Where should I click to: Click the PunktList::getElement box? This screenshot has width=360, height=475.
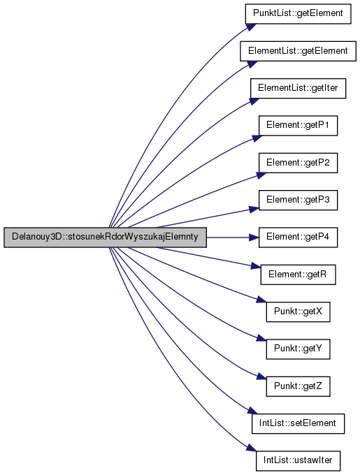tap(298, 14)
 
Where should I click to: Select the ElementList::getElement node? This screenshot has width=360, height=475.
tap(298, 51)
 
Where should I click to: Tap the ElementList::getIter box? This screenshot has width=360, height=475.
tap(298, 88)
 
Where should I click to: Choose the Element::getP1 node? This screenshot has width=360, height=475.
tap(298, 126)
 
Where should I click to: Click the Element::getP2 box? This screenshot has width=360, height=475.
tap(298, 163)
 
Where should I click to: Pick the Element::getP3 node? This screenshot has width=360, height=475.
tap(298, 200)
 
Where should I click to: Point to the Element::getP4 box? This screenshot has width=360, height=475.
tap(298, 237)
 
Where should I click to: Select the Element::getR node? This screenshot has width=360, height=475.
tap(298, 275)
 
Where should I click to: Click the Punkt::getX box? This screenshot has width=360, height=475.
tap(298, 312)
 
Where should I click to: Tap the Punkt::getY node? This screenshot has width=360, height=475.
tap(298, 349)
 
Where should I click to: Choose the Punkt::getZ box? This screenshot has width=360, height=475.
tap(298, 386)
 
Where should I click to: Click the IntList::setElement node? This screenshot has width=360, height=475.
tap(298, 423)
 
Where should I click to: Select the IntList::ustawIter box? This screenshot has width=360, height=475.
tap(298, 461)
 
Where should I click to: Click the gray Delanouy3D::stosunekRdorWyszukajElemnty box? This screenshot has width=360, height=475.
tap(105, 237)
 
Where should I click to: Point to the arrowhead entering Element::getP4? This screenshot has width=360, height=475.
tap(254, 237)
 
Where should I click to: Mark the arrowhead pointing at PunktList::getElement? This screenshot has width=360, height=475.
tap(252, 27)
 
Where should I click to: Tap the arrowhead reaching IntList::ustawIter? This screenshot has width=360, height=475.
tap(251, 448)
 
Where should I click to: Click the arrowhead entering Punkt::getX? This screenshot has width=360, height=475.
tap(261, 300)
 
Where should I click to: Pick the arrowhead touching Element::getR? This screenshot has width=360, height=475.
tap(256, 267)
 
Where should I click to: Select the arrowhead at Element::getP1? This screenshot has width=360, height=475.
tap(257, 138)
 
